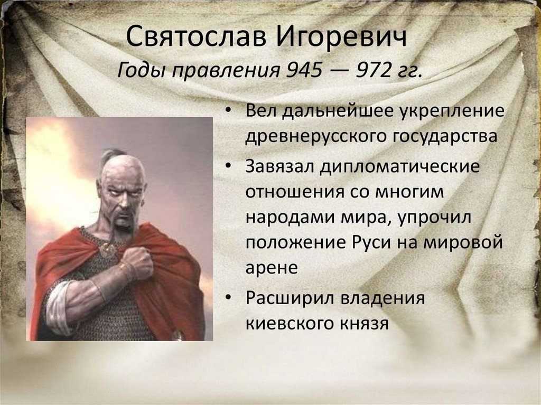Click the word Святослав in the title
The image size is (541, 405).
196,36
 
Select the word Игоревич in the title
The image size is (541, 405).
342,36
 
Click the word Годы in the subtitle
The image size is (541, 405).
142,71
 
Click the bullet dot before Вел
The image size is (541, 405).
228,110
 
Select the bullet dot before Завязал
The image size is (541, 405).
228,166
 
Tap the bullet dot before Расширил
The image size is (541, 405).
228,297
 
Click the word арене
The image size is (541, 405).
272,268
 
